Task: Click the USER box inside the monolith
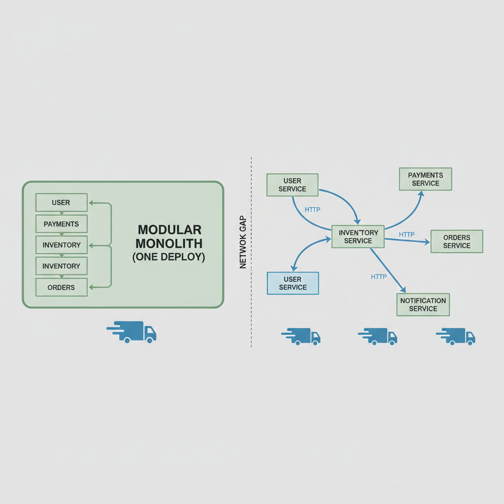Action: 61,202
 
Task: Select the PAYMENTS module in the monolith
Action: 61,224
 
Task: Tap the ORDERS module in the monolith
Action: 61,287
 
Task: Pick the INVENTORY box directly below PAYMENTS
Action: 61,245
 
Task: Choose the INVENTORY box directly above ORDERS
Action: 61,266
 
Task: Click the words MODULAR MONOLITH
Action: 169,237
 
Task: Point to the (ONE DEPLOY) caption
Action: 169,257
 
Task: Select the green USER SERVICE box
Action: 292,185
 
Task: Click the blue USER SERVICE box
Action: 293,283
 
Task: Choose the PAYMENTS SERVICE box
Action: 425,179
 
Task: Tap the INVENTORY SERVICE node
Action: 358,236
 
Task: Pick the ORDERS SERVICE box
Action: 457,241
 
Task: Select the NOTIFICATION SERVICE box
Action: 423,305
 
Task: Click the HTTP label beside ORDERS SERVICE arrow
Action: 407,234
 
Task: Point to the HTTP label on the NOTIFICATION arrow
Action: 378,277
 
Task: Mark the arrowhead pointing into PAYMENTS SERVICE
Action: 421,193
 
